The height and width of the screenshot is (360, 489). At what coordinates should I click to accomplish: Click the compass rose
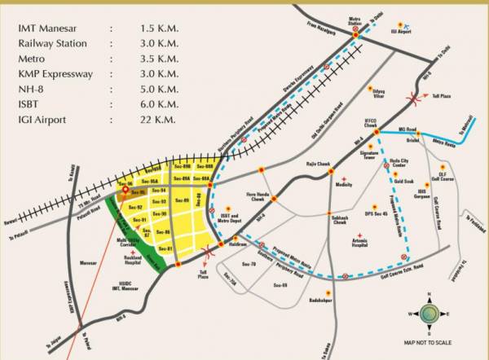pyautogui.click(x=431, y=312)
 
